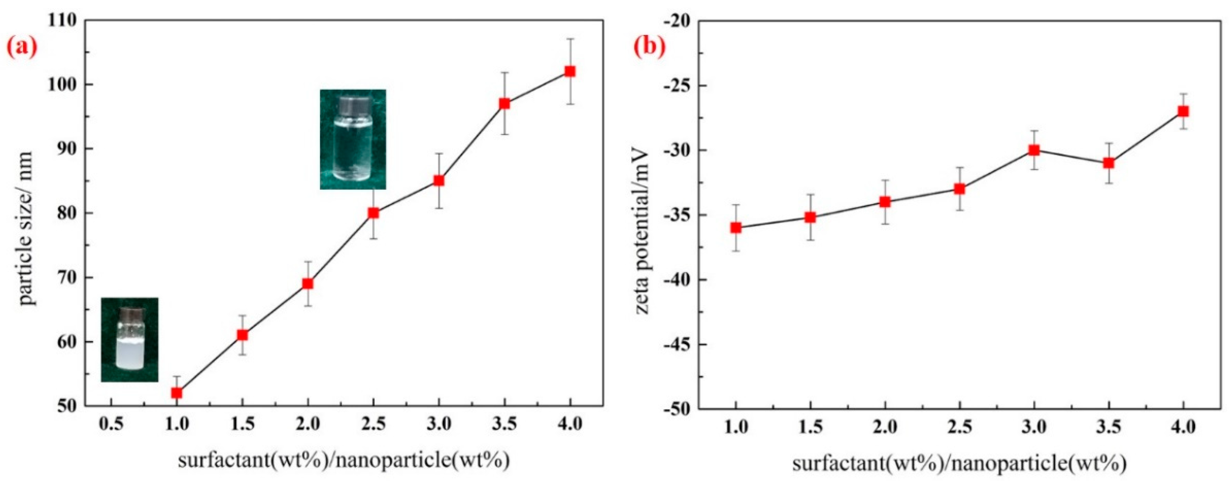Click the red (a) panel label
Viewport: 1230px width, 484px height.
tap(22, 49)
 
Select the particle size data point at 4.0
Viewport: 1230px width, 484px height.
tap(570, 71)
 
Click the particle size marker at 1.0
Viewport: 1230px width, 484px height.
tap(177, 393)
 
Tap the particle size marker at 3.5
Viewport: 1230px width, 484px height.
tap(505, 104)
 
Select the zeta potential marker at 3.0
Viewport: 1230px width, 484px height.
tap(1034, 150)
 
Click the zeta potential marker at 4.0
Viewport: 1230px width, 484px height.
tap(1183, 111)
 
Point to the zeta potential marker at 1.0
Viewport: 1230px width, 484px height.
tap(736, 228)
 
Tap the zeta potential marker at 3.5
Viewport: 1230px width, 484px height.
tap(1109, 163)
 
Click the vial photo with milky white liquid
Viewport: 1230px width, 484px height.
tap(129, 339)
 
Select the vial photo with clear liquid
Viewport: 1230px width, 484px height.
tap(353, 139)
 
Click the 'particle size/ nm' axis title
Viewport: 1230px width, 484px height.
tap(27, 229)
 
